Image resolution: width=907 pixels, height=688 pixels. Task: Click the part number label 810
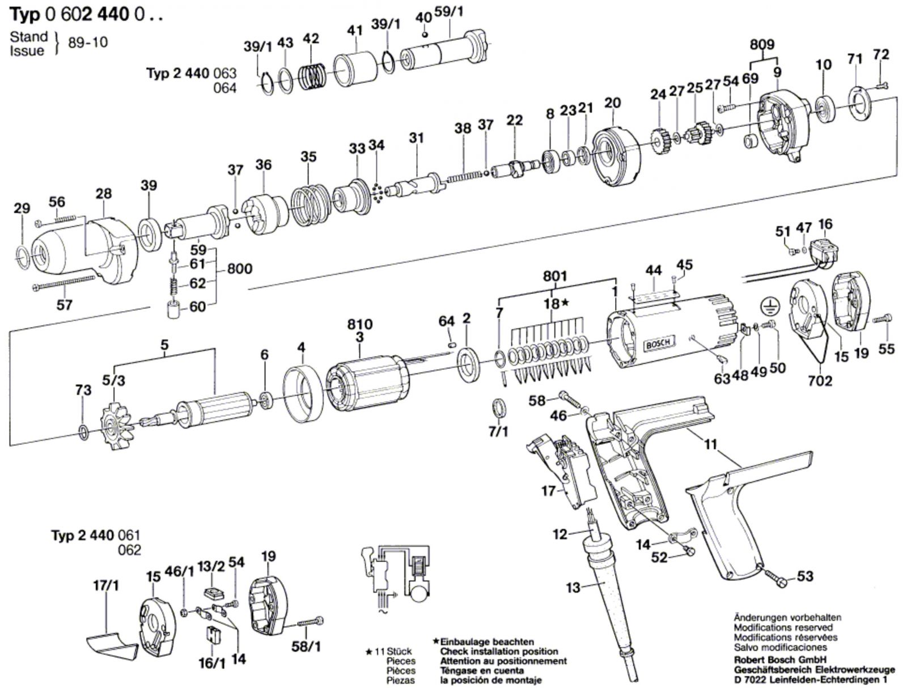pos(360,325)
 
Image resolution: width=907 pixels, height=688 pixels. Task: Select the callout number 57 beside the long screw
pos(64,305)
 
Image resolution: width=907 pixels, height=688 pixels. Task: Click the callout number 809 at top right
pos(762,45)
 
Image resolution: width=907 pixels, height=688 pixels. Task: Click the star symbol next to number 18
pos(565,304)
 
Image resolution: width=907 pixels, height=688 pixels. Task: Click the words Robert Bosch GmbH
pos(779,660)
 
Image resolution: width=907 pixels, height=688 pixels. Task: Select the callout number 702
pos(820,381)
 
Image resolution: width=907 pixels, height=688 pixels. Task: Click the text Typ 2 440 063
pos(192,74)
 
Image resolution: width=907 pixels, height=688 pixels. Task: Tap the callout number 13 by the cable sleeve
pos(573,588)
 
